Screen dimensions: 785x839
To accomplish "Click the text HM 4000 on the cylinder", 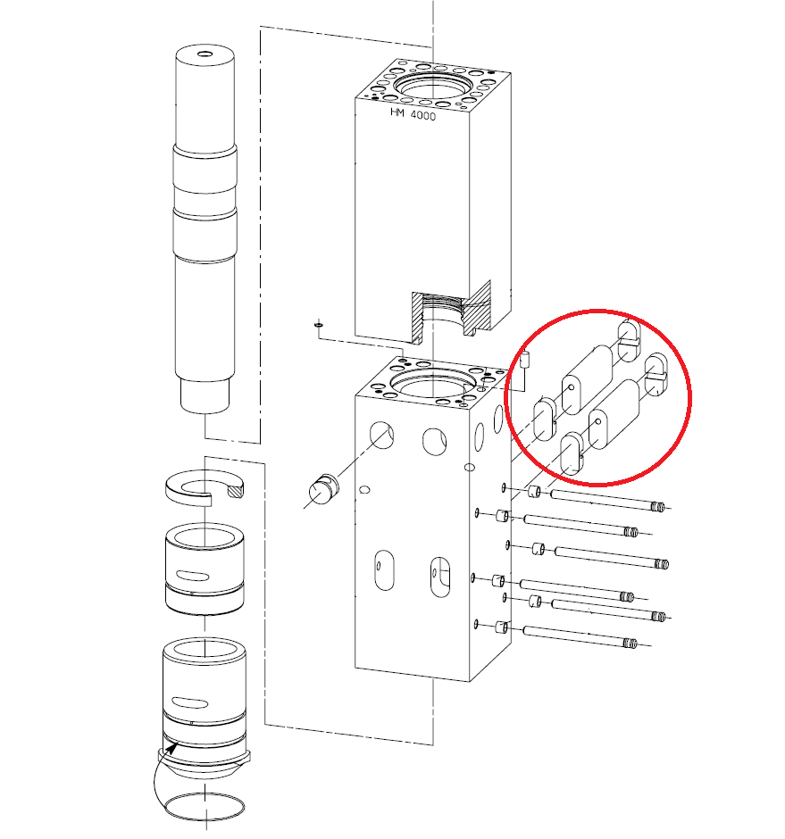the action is pyautogui.click(x=413, y=114).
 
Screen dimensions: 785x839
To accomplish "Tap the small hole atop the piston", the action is pyautogui.click(x=205, y=54).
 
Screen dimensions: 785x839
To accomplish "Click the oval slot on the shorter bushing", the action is pyautogui.click(x=193, y=576).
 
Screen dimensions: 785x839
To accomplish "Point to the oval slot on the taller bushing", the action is pyautogui.click(x=190, y=702).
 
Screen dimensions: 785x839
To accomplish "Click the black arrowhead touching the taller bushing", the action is pyautogui.click(x=171, y=747).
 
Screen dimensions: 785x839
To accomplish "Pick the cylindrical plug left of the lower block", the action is pyautogui.click(x=324, y=489).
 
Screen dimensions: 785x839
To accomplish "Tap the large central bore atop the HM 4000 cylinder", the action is pyautogui.click(x=434, y=86).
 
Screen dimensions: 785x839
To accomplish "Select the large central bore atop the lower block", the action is pyautogui.click(x=432, y=383).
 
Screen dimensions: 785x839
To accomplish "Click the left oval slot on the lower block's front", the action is pyautogui.click(x=385, y=569).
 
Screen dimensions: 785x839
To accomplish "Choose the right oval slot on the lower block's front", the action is pyautogui.click(x=440, y=577).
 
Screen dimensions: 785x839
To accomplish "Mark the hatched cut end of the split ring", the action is pyautogui.click(x=235, y=489).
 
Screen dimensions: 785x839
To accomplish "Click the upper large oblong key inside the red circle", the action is pyautogui.click(x=587, y=380).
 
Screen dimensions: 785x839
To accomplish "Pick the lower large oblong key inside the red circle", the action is pyautogui.click(x=614, y=414).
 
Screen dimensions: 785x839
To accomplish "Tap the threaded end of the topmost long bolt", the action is pyautogui.click(x=658, y=506).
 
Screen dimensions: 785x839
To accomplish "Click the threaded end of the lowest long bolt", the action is pyautogui.click(x=631, y=643).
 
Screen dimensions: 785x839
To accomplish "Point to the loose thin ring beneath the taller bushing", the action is pyautogui.click(x=205, y=806).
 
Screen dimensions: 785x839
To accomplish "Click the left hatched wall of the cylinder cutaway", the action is pyautogui.click(x=417, y=318).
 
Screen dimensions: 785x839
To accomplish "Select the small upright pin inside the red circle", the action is pyautogui.click(x=525, y=359).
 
